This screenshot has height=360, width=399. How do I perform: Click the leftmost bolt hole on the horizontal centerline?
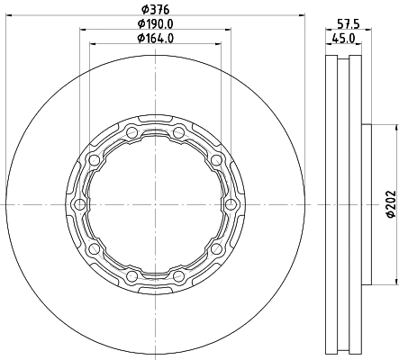pos(80,205)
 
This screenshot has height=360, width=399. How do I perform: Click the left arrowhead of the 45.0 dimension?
pos(327,44)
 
